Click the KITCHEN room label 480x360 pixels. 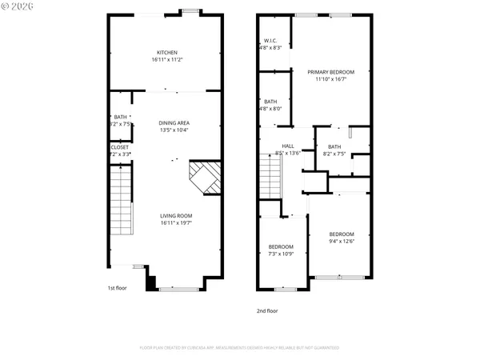pos(166,53)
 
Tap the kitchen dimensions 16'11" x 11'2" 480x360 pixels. pos(166,60)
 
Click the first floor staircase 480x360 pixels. pos(119,200)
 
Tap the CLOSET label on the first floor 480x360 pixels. pos(119,146)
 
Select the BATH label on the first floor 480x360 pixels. pos(119,118)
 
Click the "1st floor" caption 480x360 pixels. pos(118,288)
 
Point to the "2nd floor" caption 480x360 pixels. pos(267,310)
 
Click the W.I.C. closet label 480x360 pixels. pos(270,41)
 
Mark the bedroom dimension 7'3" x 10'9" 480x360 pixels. pos(281,254)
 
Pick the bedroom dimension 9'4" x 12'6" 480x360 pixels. pos(342,241)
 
